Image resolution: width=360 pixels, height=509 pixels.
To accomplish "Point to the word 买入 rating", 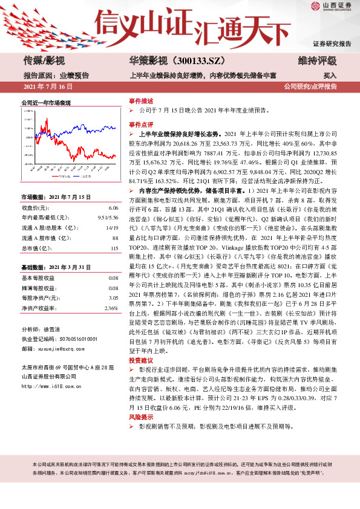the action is (x=330, y=76).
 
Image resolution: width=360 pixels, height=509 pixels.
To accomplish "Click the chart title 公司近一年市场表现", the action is (x=46, y=103).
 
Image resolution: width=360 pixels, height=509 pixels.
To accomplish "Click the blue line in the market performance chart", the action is (x=91, y=128).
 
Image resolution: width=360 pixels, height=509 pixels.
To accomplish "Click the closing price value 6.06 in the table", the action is (x=113, y=207).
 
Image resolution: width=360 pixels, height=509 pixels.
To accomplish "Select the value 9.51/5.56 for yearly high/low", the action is (x=108, y=217).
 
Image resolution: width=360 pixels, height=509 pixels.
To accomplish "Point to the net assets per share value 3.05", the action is (x=113, y=298).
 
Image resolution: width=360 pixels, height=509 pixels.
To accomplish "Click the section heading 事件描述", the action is (x=141, y=101).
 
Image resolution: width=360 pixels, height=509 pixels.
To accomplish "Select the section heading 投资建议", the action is (x=141, y=360).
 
